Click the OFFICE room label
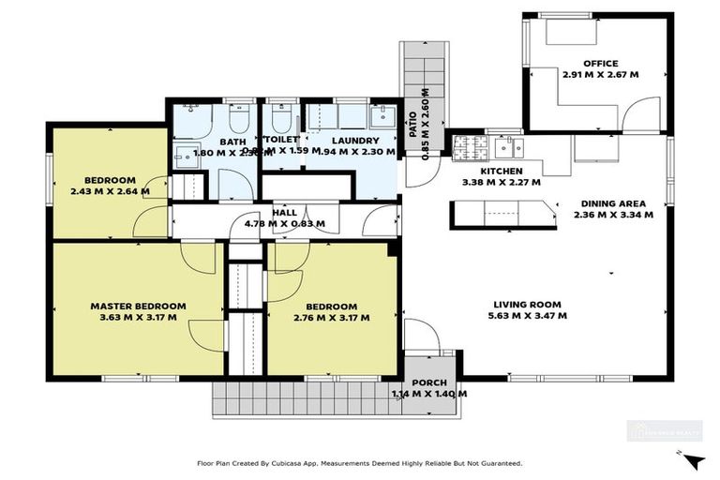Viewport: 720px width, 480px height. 600,64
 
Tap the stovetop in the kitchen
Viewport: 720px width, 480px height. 466,146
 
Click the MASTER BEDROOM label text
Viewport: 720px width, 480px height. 138,306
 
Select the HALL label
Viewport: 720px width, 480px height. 284,213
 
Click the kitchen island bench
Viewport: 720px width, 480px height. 495,214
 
